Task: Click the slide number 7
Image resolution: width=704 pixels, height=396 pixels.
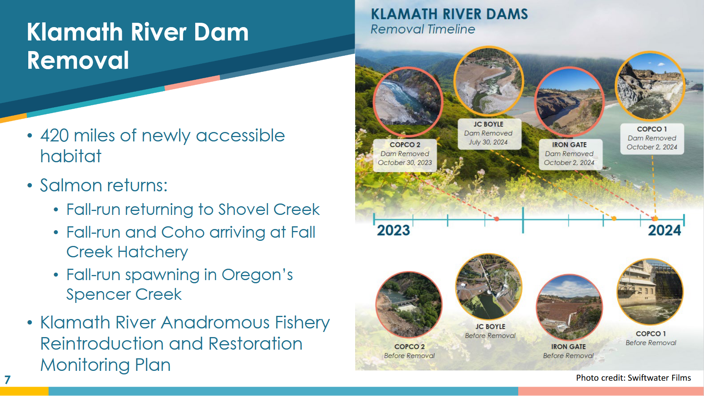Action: (x=7, y=379)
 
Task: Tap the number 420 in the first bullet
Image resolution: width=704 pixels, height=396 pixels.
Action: (x=55, y=136)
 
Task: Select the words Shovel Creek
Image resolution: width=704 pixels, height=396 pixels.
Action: (x=269, y=209)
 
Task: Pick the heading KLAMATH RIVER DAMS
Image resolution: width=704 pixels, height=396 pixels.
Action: (x=449, y=14)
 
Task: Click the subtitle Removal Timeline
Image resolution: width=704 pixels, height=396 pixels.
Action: (x=423, y=29)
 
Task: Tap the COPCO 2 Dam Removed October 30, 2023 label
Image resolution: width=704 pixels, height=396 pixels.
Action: (x=405, y=154)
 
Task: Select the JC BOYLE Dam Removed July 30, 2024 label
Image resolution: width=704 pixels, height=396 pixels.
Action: (x=488, y=134)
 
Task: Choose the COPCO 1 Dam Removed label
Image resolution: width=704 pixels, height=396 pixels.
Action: (x=652, y=138)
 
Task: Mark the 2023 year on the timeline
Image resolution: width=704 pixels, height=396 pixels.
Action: (x=393, y=230)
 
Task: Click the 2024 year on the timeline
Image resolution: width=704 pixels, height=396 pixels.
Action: (x=665, y=230)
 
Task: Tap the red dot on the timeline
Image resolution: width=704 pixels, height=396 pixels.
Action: (x=497, y=219)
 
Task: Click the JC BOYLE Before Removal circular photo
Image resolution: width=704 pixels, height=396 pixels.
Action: (x=489, y=286)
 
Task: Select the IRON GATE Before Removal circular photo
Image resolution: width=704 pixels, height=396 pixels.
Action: (x=569, y=307)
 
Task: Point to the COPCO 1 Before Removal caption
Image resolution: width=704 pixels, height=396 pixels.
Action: (x=651, y=338)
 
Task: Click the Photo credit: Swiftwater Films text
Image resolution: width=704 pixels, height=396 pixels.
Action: (x=633, y=378)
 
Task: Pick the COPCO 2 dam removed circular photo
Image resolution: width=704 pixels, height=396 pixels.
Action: (x=408, y=102)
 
